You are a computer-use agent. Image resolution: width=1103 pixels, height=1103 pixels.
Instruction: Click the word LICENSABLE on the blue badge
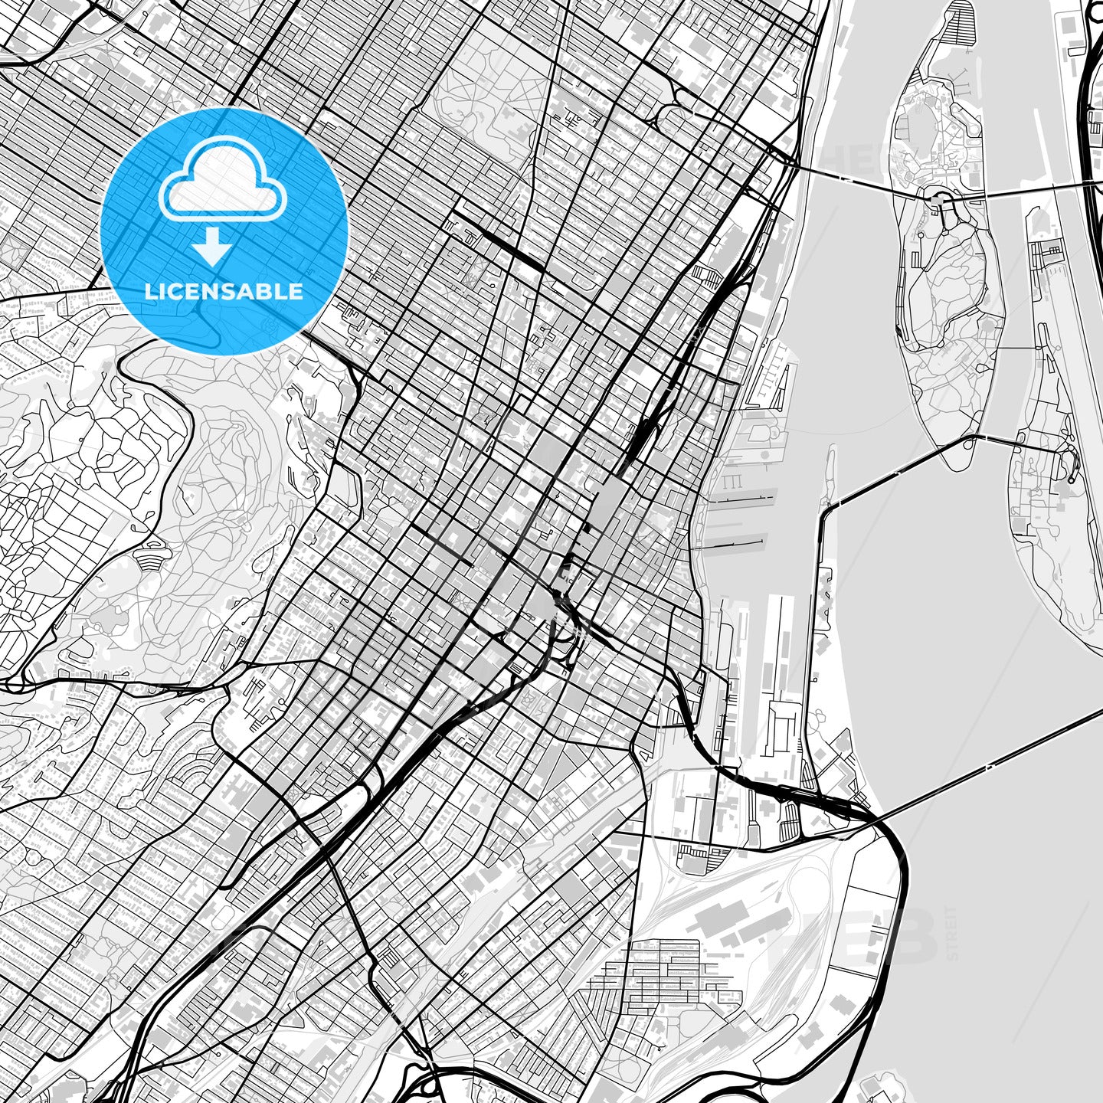[224, 292]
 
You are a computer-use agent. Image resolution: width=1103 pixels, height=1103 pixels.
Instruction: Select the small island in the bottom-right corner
[881, 1088]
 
